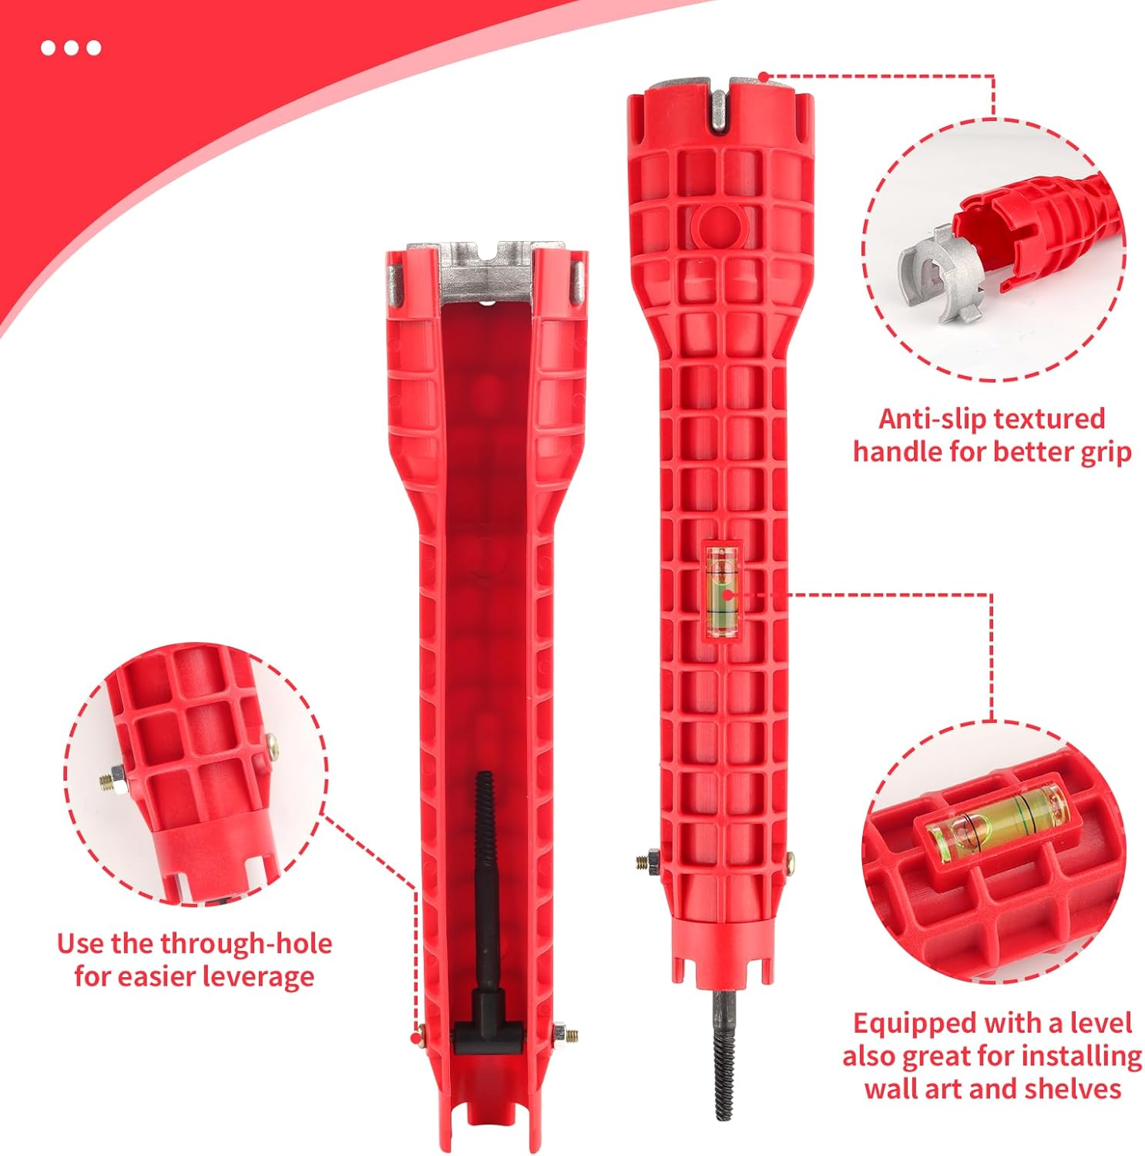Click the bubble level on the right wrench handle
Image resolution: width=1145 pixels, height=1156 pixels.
coord(723,592)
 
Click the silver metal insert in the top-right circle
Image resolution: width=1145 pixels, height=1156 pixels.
coord(933,273)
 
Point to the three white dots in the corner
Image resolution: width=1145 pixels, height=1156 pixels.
coord(71,48)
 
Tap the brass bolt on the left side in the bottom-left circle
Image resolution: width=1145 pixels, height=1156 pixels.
coord(109,781)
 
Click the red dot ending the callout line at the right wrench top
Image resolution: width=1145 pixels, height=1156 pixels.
coord(763,77)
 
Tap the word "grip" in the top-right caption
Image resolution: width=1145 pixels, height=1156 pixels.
coord(1106,452)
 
